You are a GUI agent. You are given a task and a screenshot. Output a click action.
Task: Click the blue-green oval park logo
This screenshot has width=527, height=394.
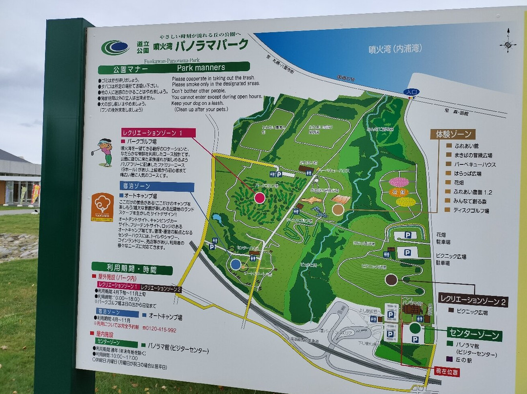coord(115,47)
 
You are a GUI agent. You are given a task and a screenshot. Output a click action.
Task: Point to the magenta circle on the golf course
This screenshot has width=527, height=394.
coord(260,197)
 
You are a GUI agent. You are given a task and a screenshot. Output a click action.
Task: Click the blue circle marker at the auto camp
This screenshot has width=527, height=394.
coord(236,264)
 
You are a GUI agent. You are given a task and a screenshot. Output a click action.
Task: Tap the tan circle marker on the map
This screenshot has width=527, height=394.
coord(338,210)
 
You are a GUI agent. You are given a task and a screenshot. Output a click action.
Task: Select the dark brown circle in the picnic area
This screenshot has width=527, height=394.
coord(391,279)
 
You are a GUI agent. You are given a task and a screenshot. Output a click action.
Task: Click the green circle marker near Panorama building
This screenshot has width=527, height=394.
coord(415,328)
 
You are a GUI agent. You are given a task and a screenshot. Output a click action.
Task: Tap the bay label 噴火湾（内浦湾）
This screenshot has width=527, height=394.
coord(395,49)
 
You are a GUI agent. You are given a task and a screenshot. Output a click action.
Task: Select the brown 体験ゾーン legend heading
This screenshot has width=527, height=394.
coord(452,134)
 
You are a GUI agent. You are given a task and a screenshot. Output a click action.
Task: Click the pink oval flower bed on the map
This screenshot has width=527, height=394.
coord(399,182)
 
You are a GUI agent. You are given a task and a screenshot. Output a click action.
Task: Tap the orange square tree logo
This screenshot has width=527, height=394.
coord(102,207)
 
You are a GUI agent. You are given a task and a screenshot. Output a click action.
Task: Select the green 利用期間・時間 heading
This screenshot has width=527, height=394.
coord(132,268)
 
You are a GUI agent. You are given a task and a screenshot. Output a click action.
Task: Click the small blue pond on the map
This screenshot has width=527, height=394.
coord(217,220)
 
